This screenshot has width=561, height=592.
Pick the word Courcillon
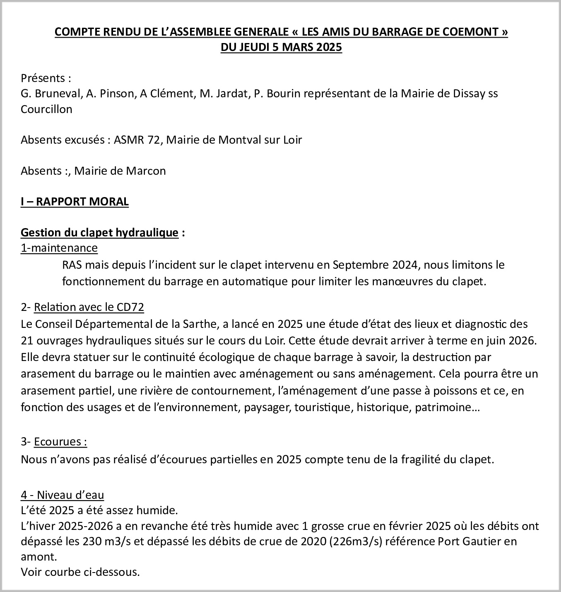[x=46, y=109]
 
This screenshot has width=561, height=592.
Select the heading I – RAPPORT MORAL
[x=75, y=202]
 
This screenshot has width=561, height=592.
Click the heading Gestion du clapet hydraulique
[x=99, y=233]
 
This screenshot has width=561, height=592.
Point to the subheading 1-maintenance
[x=59, y=248]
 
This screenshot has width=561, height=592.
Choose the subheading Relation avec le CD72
[x=89, y=307]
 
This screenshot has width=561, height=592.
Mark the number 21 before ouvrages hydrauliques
[x=26, y=341]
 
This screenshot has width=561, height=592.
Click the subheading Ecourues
[x=60, y=442]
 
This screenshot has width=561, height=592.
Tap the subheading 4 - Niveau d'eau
[x=62, y=495]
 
